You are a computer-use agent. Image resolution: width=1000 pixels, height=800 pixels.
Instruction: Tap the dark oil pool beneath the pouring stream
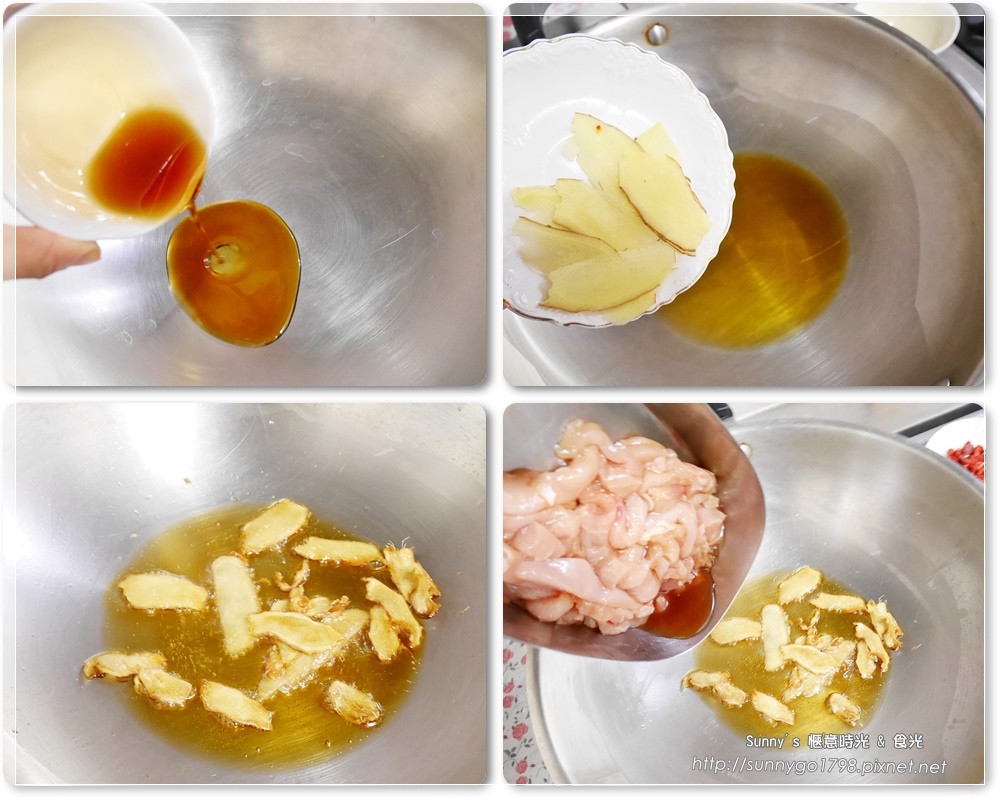(x=234, y=273)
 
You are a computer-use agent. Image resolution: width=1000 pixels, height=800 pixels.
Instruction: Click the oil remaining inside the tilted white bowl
(x=148, y=161)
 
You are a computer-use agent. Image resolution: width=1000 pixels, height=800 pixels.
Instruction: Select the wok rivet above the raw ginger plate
(x=656, y=33)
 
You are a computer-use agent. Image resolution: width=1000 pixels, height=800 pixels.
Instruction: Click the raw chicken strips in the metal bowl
(x=612, y=523)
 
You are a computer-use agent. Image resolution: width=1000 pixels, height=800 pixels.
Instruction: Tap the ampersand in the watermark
(x=881, y=742)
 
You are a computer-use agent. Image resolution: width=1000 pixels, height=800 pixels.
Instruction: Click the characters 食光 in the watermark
(x=908, y=741)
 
